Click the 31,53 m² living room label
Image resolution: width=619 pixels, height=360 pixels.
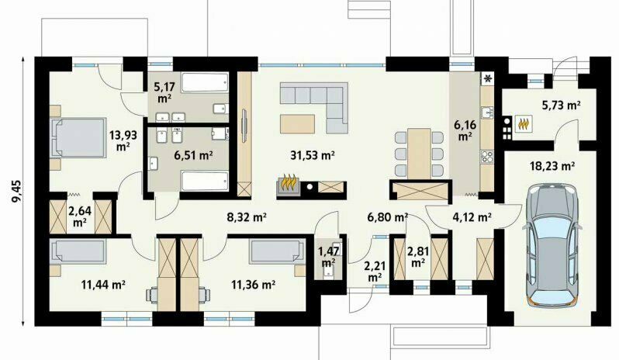pyautogui.click(x=313, y=155)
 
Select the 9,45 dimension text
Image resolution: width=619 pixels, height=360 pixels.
pyautogui.click(x=17, y=192)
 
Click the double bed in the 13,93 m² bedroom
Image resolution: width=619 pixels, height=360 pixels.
pyautogui.click(x=78, y=138)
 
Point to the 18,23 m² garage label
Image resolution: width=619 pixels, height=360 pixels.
pyautogui.click(x=552, y=166)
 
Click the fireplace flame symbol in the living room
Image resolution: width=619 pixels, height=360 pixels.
pyautogui.click(x=290, y=183)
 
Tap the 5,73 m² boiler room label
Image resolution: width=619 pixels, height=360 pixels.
pyautogui.click(x=561, y=106)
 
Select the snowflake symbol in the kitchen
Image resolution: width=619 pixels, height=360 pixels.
pyautogui.click(x=488, y=78)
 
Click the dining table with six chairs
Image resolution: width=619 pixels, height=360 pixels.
pyautogui.click(x=419, y=154)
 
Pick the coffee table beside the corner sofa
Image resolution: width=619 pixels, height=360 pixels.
pyautogui.click(x=298, y=123)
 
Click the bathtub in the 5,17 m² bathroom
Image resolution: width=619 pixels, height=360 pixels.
pyautogui.click(x=205, y=82)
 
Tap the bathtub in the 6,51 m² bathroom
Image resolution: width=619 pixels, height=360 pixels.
pyautogui.click(x=205, y=181)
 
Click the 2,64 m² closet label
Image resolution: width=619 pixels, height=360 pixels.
pyautogui.click(x=80, y=216)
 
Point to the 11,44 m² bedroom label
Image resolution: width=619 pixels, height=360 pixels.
pyautogui.click(x=103, y=284)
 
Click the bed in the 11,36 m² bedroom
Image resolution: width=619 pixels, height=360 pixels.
pyautogui.click(x=277, y=252)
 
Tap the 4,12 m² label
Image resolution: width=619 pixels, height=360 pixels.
pyautogui.click(x=472, y=216)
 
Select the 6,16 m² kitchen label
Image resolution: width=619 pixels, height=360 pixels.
pyautogui.click(x=465, y=130)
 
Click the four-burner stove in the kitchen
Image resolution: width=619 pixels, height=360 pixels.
pyautogui.click(x=486, y=157)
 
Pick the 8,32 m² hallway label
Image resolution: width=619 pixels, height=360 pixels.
pyautogui.click(x=247, y=216)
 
